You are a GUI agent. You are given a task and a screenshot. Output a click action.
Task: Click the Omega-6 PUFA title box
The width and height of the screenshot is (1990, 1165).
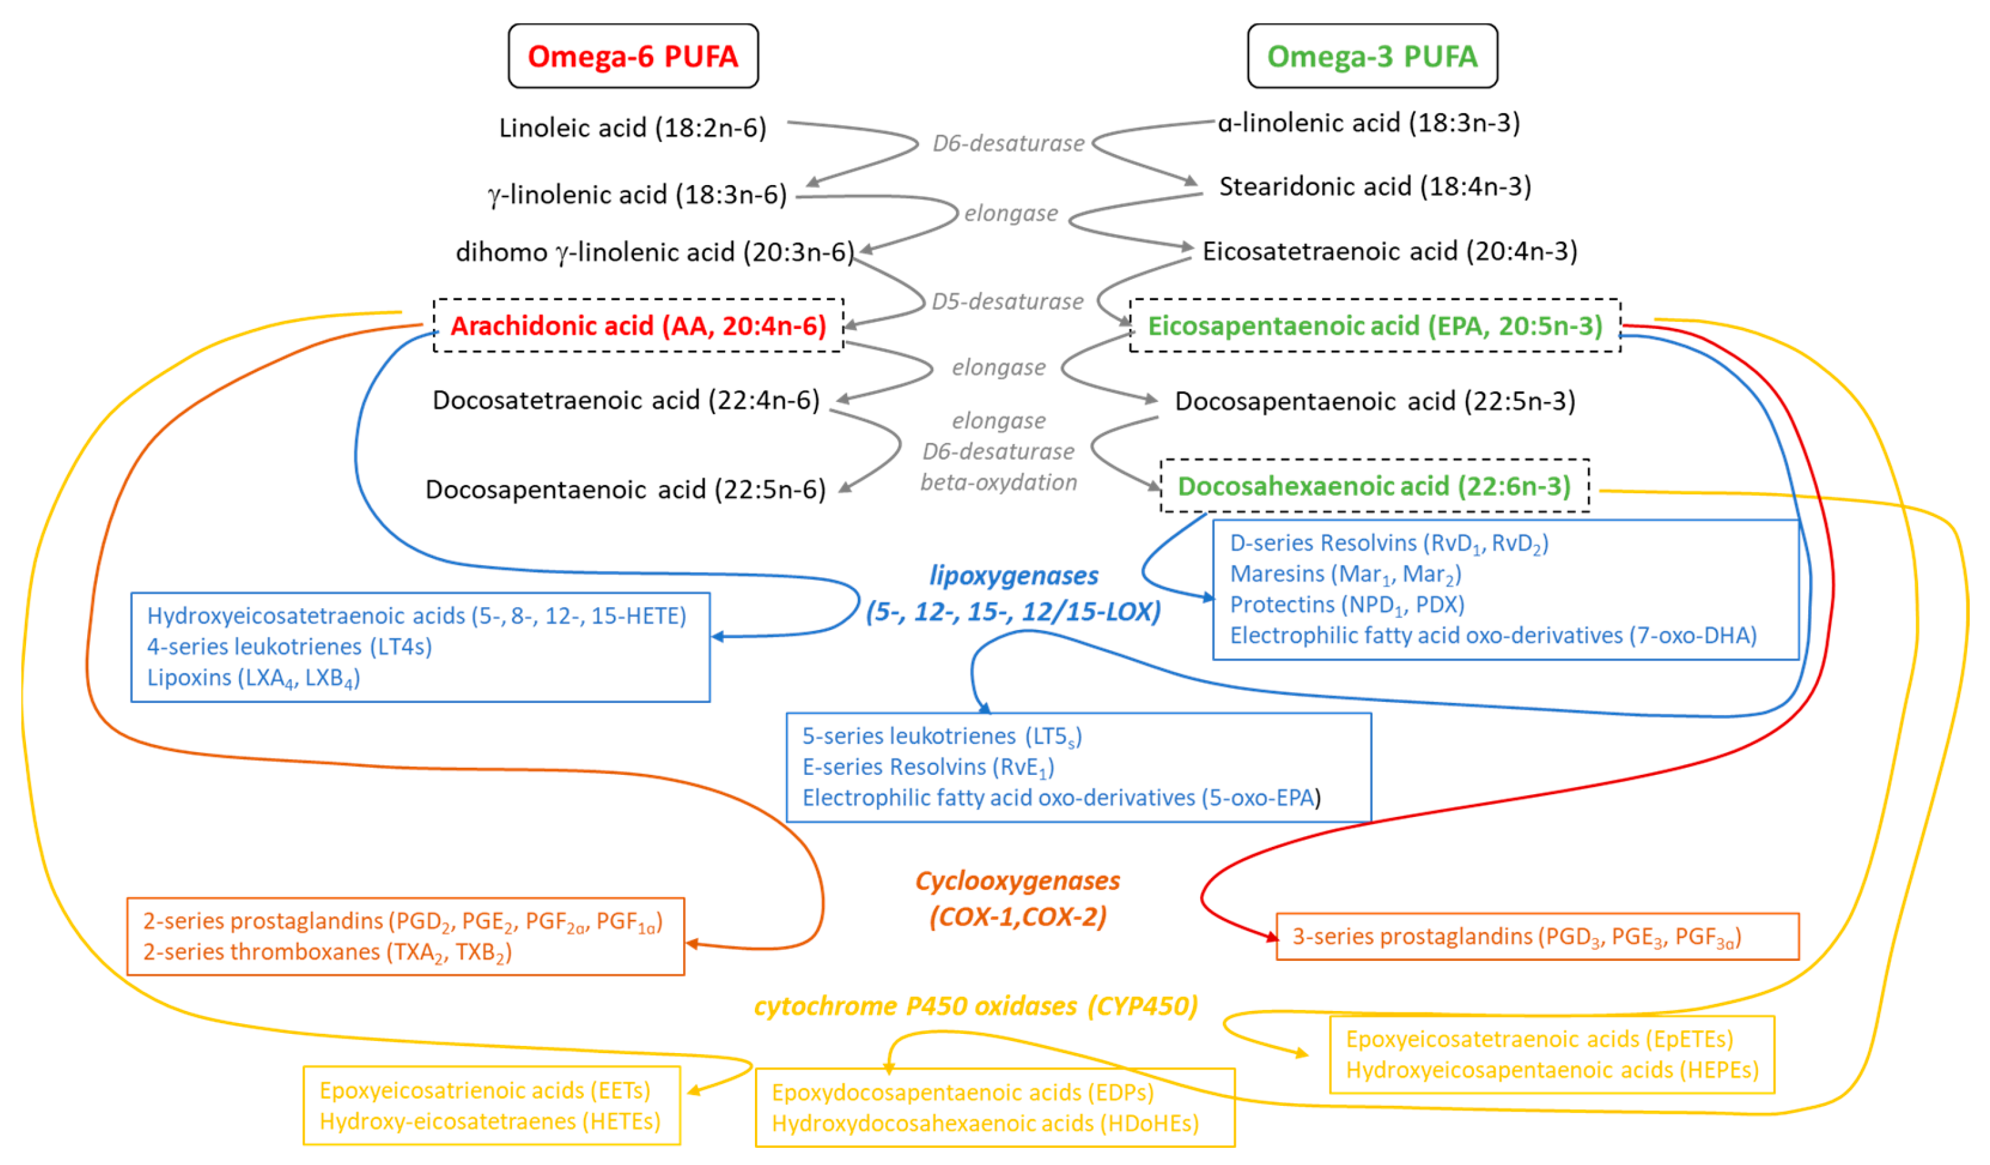(633, 56)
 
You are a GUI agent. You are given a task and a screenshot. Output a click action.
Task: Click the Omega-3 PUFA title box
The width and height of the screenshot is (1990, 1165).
(1372, 56)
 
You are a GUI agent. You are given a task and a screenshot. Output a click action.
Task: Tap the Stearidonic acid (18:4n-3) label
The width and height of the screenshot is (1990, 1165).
(1375, 186)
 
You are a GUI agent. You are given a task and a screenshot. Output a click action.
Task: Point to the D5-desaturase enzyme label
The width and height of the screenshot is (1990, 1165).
(1007, 302)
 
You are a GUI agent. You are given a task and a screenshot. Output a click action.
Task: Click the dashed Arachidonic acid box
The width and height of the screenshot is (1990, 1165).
(638, 325)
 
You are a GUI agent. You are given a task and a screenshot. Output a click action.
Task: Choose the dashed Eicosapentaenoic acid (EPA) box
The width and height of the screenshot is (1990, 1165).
(1375, 325)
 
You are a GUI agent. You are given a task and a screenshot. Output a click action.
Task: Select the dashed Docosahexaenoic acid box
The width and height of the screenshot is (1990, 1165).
(1374, 485)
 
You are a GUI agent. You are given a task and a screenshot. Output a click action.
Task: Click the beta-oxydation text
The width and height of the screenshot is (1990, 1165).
(998, 482)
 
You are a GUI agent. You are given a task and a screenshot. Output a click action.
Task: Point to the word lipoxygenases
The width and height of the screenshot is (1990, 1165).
(1013, 576)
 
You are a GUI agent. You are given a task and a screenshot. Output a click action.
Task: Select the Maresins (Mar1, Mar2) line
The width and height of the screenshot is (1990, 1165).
(1346, 574)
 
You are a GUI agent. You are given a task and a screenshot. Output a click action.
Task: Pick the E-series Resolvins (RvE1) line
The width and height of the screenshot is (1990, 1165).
(928, 767)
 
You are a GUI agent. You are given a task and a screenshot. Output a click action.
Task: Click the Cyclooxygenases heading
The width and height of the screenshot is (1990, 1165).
(1017, 881)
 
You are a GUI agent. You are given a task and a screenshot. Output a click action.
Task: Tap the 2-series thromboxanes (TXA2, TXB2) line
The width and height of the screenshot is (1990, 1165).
(327, 952)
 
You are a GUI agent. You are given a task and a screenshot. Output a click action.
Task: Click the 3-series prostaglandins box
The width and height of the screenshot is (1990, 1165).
(1537, 937)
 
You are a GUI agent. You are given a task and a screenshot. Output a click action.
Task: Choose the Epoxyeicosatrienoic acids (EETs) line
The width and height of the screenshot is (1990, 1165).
(485, 1091)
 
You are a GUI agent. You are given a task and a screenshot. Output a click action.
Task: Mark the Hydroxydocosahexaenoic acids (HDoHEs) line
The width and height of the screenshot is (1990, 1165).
(985, 1123)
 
